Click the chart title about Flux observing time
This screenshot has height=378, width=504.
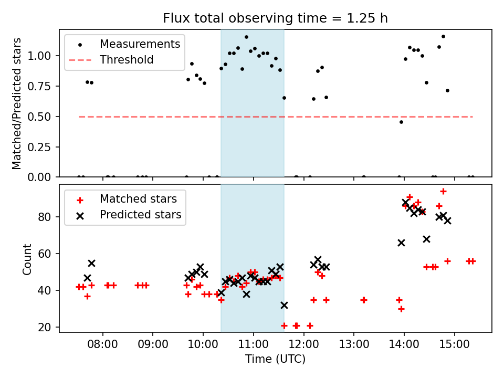click(275, 18)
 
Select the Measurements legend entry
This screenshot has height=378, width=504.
click(140, 44)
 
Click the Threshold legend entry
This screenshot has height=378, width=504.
click(127, 60)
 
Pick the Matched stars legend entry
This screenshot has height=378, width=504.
click(138, 199)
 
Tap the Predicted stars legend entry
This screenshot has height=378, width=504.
click(140, 215)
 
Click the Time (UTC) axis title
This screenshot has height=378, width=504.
click(275, 360)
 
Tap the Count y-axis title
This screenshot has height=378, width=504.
click(27, 259)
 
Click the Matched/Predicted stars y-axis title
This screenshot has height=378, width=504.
click(17, 103)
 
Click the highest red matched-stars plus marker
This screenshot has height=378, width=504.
click(443, 192)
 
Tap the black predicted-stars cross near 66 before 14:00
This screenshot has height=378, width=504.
click(401, 243)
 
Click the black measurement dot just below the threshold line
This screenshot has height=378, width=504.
click(401, 122)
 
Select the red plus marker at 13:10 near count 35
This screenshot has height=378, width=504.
click(363, 300)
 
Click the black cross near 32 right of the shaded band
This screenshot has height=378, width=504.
click(284, 305)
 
